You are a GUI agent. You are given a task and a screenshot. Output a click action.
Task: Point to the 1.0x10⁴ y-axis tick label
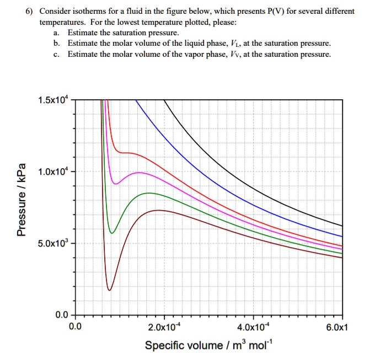click(x=54, y=171)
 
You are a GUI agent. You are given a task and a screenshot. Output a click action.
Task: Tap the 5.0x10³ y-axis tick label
click(x=54, y=243)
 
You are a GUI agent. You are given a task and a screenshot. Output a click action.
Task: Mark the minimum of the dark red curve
click(x=109, y=290)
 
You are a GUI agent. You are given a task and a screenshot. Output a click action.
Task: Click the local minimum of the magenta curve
click(x=115, y=184)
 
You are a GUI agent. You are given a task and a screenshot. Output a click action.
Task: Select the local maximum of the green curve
click(x=148, y=193)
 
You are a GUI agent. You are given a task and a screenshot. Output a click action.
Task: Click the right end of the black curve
click(x=342, y=225)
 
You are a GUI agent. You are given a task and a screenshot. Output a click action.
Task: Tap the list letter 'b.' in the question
click(x=57, y=43)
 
